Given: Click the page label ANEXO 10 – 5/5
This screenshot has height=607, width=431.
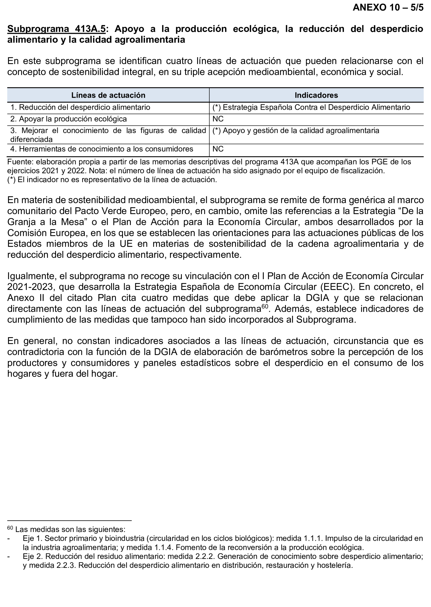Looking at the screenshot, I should tap(388, 7).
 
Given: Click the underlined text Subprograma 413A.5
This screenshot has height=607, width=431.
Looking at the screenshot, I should tap(56, 29).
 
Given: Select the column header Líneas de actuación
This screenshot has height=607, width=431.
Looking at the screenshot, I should tap(108, 95).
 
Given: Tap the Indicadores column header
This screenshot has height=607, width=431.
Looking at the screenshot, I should tap(316, 95).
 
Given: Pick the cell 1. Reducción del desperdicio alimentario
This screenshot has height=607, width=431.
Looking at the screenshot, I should tap(80, 107).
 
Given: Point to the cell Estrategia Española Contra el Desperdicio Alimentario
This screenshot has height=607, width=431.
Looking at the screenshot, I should tap(311, 107).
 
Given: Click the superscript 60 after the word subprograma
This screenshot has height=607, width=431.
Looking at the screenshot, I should tap(265, 307).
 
